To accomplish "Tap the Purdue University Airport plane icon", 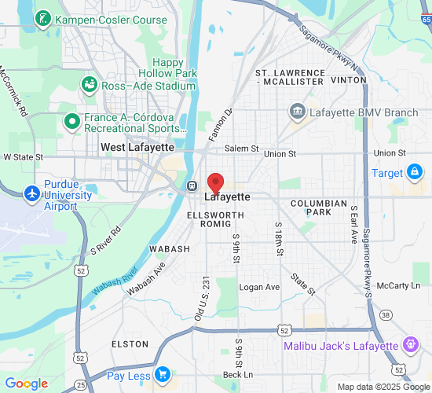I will [31, 193].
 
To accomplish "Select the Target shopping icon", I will [414, 172].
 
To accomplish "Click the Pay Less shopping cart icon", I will [163, 374].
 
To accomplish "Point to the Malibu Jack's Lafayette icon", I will [409, 343].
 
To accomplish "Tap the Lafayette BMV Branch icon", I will [297, 112].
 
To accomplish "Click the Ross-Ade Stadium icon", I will [89, 84].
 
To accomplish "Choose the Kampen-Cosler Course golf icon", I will [42, 19].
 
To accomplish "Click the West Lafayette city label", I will [137, 147].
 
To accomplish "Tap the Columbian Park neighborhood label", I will [318, 208].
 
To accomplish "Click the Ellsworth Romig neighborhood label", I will [211, 219].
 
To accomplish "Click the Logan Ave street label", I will [259, 288].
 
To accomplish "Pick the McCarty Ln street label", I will [404, 285].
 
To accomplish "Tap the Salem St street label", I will [241, 149].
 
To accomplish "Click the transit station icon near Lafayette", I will [192, 186].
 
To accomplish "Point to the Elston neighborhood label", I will [130, 344].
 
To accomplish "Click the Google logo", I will [26, 384].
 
